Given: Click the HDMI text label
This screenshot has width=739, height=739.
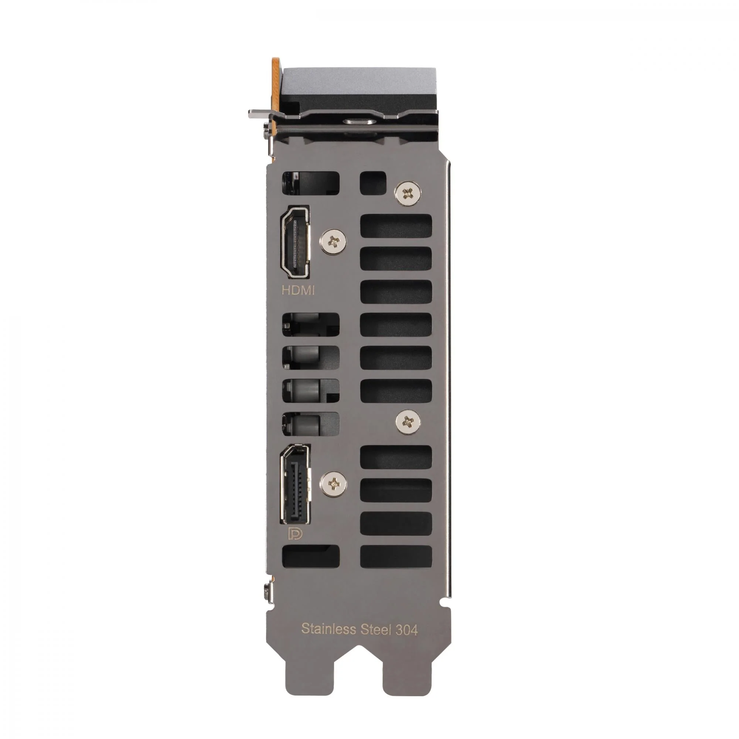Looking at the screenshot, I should coord(298,290).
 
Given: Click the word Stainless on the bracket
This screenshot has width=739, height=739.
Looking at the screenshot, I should coord(328,629).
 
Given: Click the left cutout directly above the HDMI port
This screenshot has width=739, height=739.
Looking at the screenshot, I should coord(311,183).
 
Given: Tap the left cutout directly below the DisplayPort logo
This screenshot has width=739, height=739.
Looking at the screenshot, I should coord(311,556).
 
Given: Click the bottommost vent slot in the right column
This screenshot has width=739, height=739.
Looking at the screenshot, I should coord(396,556).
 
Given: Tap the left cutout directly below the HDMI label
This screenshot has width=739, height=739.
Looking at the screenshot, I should coord(311,324).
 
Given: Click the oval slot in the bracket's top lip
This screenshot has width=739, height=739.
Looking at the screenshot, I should coord(359,122).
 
